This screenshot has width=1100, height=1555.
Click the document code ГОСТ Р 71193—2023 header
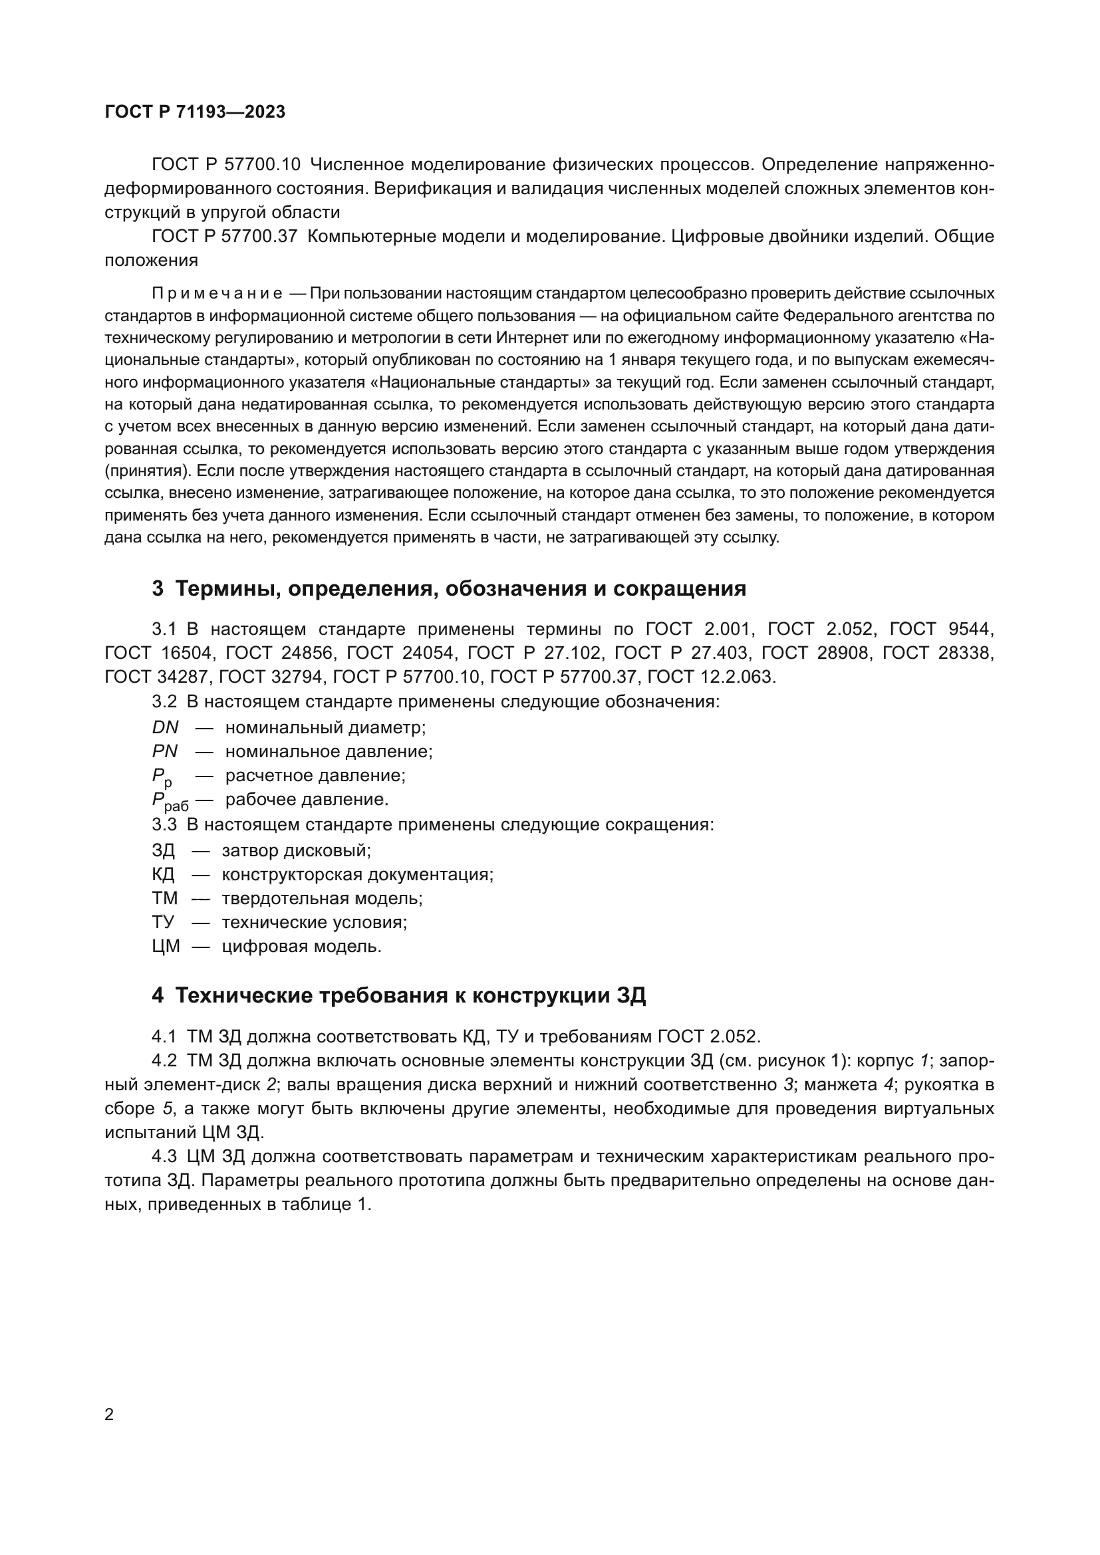195,112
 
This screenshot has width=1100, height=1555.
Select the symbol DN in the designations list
166,728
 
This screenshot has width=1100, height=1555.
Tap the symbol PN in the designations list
164,752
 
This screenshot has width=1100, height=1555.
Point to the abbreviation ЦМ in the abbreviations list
166,946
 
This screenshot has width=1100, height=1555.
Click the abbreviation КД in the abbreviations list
163,874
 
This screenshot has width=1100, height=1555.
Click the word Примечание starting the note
217,293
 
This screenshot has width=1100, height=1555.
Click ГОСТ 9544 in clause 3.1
941,629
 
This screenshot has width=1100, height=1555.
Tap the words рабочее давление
307,800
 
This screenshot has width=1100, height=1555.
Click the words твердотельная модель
322,899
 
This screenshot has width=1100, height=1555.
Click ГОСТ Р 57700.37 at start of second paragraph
225,237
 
